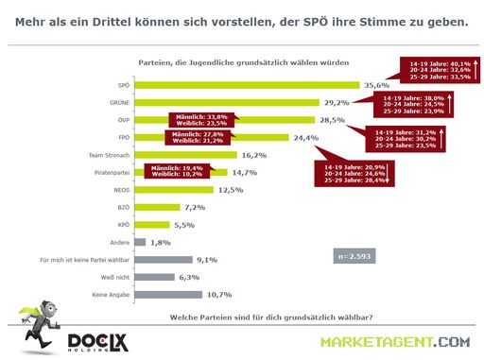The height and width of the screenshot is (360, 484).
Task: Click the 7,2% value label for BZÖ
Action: coord(195,208)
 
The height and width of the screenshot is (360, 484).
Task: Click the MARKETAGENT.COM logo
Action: coord(394,341)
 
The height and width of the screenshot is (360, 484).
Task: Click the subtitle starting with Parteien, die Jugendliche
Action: coord(240,60)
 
